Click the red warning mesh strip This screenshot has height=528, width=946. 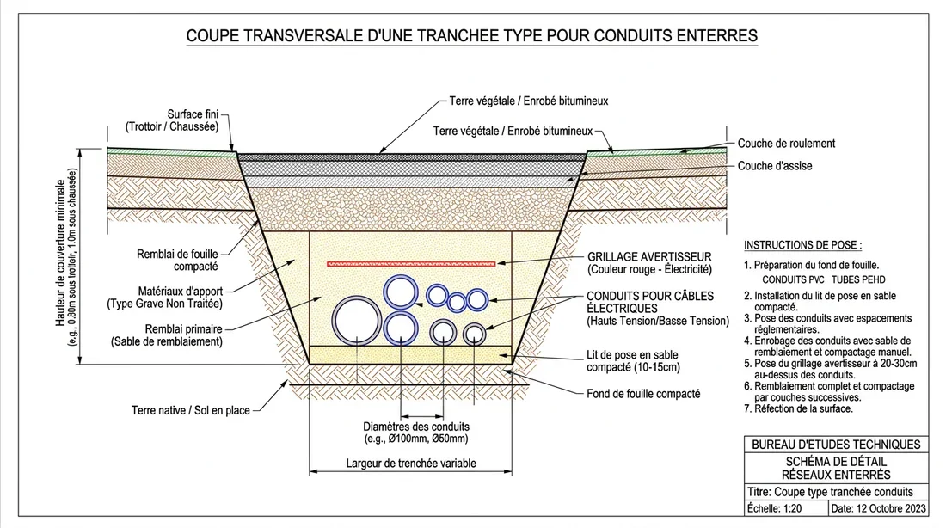point(411,262)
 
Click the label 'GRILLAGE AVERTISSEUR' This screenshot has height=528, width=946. point(649,257)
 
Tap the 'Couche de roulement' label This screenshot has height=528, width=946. point(786,144)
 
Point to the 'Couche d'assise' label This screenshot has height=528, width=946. point(775,166)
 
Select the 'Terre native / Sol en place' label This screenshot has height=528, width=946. point(190,411)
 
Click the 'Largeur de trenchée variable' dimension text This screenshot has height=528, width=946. point(411,463)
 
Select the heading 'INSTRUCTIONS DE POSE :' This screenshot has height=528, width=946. point(802,245)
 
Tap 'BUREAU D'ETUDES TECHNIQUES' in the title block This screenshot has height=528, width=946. point(836,445)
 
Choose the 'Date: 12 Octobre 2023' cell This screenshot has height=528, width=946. point(879,509)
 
